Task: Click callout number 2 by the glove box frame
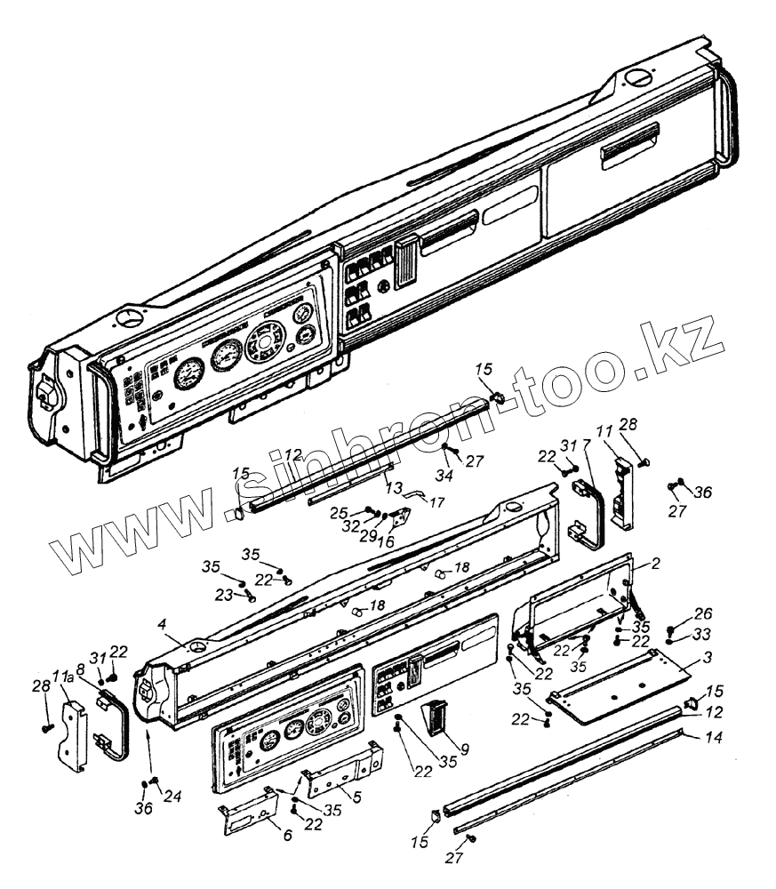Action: pos(655,564)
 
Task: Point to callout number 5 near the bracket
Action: pos(356,797)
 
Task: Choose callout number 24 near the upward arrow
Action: pos(173,797)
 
